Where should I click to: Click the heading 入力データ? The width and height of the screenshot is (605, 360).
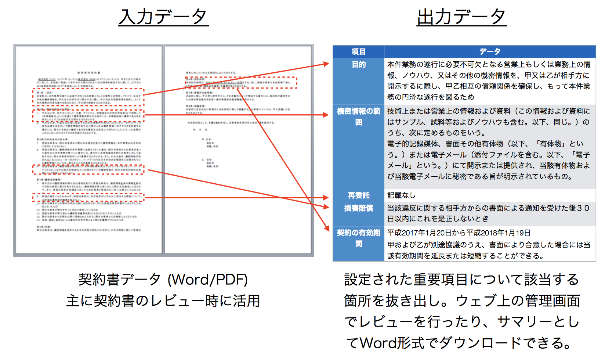pyautogui.click(x=163, y=17)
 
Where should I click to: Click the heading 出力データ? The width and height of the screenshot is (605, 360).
pyautogui.click(x=461, y=17)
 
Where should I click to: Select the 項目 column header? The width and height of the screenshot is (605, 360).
pyautogui.click(x=358, y=51)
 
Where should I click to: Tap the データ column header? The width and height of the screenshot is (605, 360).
pyautogui.click(x=490, y=51)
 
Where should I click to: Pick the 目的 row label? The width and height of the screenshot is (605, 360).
pyautogui.click(x=359, y=65)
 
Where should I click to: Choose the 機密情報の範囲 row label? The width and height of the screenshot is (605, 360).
pyautogui.click(x=359, y=116)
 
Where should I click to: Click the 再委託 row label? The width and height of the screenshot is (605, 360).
pyautogui.click(x=359, y=195)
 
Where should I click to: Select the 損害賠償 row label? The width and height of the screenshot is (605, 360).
pyautogui.click(x=359, y=208)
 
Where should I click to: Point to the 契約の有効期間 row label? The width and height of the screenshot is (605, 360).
pyautogui.click(x=359, y=238)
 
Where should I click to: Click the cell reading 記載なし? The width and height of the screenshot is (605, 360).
pyautogui.click(x=401, y=195)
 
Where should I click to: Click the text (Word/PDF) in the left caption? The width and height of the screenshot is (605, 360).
pyautogui.click(x=207, y=280)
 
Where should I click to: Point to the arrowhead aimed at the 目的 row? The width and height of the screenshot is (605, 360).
pyautogui.click(x=326, y=64)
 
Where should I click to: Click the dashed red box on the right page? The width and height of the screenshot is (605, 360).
pyautogui.click(x=241, y=83)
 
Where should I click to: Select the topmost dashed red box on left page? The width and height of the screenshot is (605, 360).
pyautogui.click(x=88, y=97)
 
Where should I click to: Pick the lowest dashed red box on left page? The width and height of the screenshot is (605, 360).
pyautogui.click(x=88, y=198)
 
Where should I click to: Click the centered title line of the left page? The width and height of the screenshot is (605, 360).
pyautogui.click(x=88, y=73)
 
